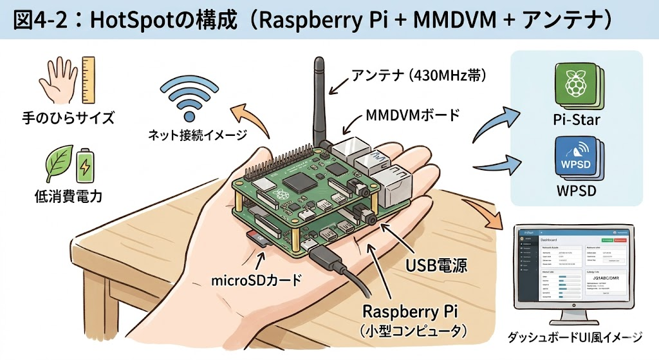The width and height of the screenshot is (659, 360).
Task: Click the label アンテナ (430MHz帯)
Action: [418, 77]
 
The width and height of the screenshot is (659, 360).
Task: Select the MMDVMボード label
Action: [413, 116]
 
